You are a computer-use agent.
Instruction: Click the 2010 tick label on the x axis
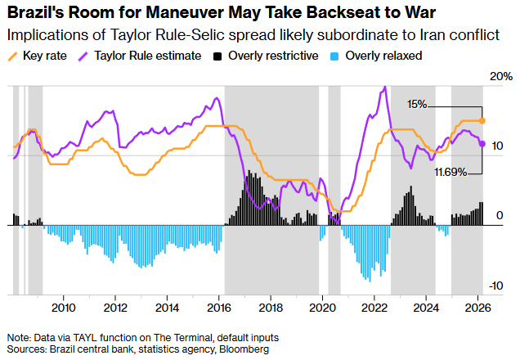coord(63,308)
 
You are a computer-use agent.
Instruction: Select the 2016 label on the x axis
coord(219,308)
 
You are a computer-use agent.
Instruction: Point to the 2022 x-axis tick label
coord(374,308)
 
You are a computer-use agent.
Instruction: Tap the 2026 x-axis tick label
coord(478,308)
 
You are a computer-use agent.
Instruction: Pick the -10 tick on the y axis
coord(496,286)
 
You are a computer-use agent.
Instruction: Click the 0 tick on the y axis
coord(500,214)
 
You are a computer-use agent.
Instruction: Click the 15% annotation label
coord(416,105)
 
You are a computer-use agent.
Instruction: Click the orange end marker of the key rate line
coord(482,120)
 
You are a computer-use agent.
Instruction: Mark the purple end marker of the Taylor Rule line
coord(482,143)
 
